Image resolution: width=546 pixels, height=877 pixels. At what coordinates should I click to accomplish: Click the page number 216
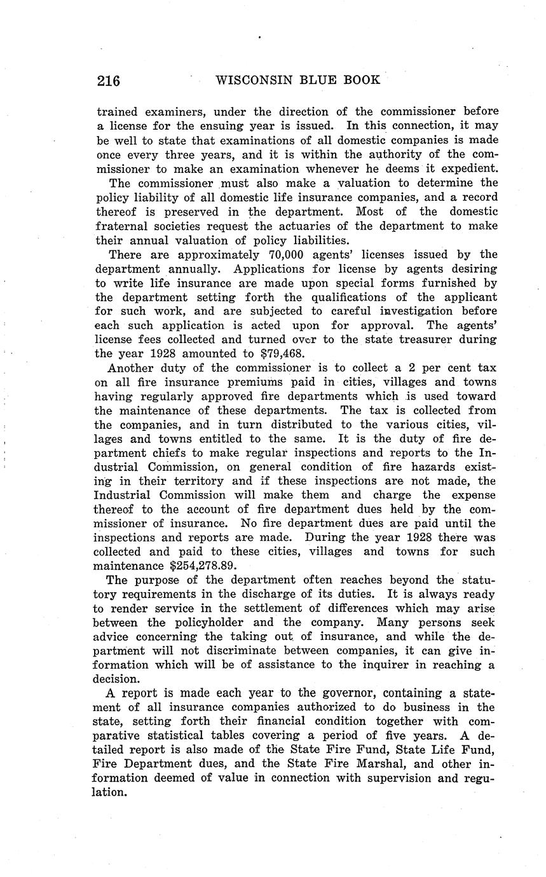(x=108, y=81)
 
